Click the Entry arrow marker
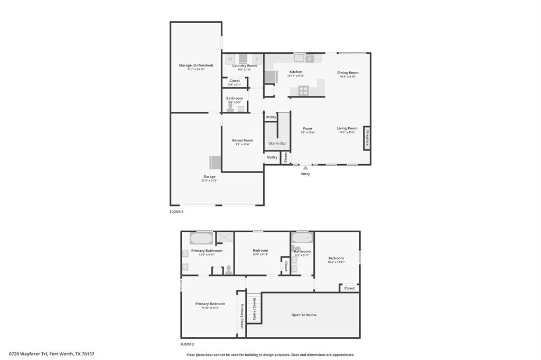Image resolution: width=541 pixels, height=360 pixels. point(305,168)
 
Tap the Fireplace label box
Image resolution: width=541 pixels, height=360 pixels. point(367,138)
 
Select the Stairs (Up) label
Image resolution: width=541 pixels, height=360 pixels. point(277,144)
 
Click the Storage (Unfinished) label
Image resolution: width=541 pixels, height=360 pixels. point(196,65)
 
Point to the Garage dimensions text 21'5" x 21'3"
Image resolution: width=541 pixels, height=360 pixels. point(209,181)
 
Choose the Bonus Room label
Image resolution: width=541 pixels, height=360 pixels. point(242,140)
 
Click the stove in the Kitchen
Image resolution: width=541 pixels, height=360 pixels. point(303,90)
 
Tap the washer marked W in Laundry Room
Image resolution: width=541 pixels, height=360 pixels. point(230,59)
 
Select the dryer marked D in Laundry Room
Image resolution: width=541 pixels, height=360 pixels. point(257,59)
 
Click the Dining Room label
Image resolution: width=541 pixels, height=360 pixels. point(348,72)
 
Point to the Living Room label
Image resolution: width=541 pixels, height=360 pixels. point(348,128)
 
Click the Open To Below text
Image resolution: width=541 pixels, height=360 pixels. point(304,315)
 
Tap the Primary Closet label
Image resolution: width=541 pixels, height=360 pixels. point(242,316)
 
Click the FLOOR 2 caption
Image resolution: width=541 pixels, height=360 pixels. point(187,344)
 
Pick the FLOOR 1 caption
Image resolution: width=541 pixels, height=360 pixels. point(176,212)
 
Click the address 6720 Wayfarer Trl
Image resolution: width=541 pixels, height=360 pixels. point(29,354)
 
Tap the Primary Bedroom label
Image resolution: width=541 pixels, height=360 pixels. point(210,304)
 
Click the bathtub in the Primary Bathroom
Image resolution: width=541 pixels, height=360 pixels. point(201,239)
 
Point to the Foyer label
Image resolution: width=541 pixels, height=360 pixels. point(307,128)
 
